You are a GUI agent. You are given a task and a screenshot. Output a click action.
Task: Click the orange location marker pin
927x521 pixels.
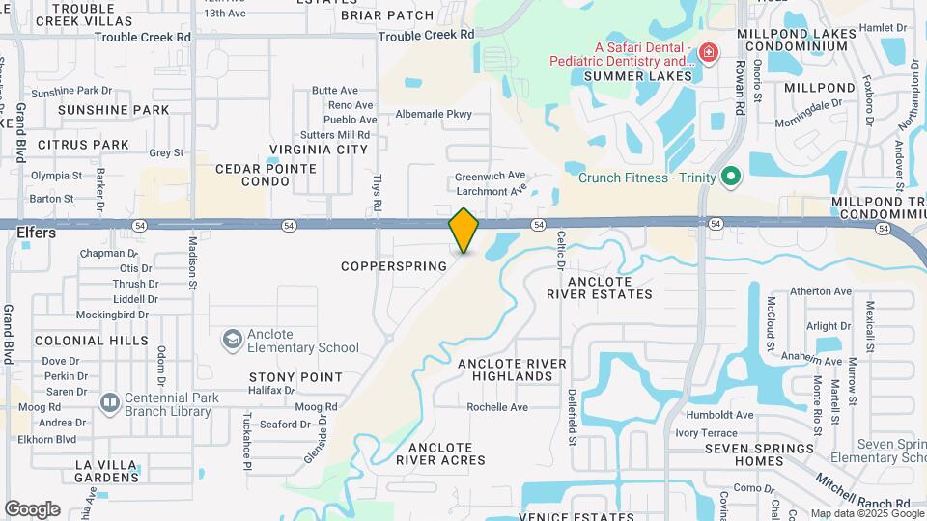[463, 231]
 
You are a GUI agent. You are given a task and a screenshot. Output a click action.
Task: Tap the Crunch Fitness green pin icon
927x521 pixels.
[731, 176]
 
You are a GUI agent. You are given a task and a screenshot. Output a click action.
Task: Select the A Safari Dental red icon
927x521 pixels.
[709, 51]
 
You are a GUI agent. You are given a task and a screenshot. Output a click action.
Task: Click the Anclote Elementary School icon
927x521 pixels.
[232, 339]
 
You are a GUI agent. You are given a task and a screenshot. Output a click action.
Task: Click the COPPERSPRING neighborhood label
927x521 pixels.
[395, 265]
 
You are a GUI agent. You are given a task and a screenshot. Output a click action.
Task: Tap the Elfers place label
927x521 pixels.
[37, 233]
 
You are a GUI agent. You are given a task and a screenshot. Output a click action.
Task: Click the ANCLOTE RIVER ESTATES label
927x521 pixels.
[598, 288]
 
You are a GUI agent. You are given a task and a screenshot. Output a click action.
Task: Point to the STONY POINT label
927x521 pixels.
[295, 376]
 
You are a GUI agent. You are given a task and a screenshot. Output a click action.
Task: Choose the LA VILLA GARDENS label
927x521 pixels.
[108, 471]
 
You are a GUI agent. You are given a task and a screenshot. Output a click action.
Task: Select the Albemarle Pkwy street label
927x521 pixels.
[434, 114]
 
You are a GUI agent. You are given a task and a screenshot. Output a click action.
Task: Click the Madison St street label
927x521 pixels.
[192, 264]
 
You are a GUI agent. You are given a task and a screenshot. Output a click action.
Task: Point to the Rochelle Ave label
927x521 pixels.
[497, 407]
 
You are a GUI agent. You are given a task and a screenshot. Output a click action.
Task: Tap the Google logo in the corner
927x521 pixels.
[32, 509]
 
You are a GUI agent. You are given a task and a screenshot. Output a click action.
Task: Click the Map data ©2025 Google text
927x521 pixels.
[866, 513]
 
